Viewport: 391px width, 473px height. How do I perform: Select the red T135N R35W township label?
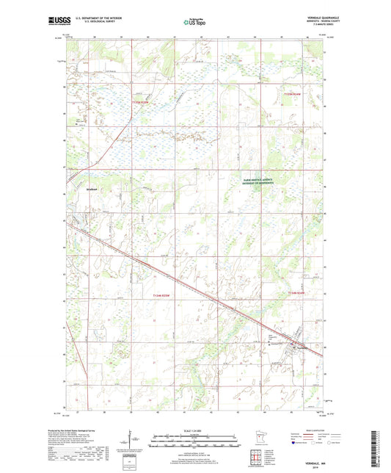(139, 103)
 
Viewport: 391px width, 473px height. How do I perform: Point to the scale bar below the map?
(194, 443)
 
